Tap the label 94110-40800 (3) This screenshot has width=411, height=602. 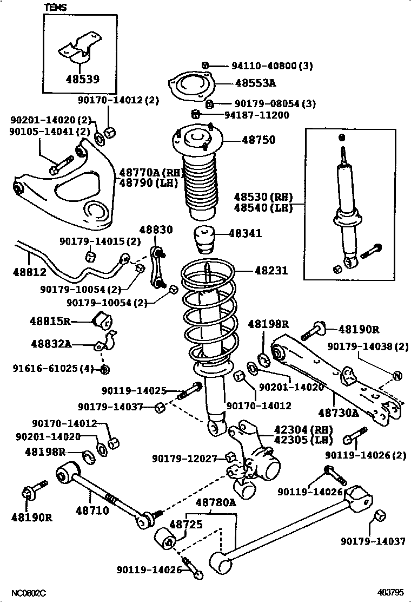click(272, 66)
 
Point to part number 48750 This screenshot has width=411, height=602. click(258, 140)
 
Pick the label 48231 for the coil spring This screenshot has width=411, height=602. click(258, 271)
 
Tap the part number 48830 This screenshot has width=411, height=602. click(156, 230)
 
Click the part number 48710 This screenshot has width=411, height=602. click(93, 509)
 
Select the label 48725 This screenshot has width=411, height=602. click(186, 525)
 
